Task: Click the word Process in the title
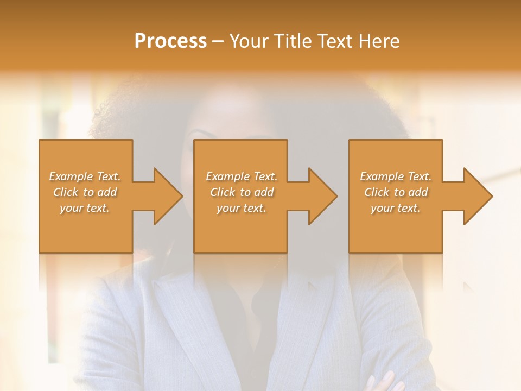tap(170, 41)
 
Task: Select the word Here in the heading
tap(378, 41)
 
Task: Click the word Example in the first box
tap(71, 176)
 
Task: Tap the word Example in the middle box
tap(227, 176)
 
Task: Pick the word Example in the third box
tap(382, 176)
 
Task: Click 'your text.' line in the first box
tap(85, 208)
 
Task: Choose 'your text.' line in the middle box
tap(241, 208)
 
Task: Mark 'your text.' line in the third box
tap(395, 208)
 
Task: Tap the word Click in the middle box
tap(223, 192)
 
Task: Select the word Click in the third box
tap(377, 192)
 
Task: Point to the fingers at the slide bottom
tap(382, 381)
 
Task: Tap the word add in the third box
tap(418, 192)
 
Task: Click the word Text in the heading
tap(334, 41)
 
